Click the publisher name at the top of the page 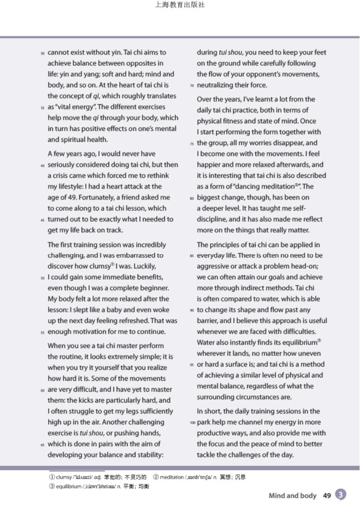pos(180,5)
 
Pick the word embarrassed pos(135,256)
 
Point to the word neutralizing pos(215,85)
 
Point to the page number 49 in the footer pos(327,496)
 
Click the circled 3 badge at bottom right pos(341,495)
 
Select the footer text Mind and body pos(292,496)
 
